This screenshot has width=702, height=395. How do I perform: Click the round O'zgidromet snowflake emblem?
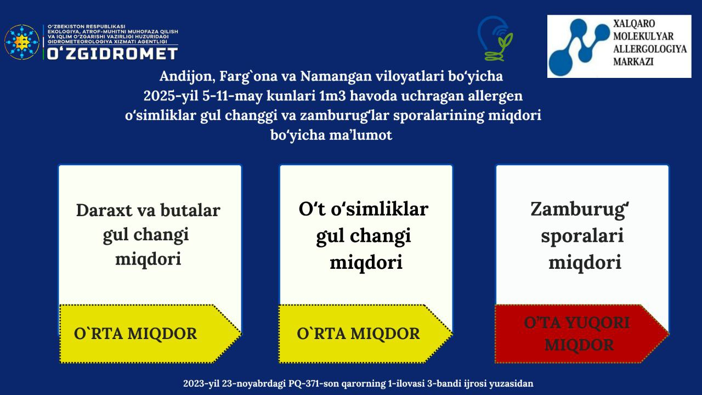pyautogui.click(x=22, y=42)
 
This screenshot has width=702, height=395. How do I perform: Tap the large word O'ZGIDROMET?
pyautogui.click(x=112, y=54)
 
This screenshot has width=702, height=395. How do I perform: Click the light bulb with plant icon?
pyautogui.click(x=495, y=38)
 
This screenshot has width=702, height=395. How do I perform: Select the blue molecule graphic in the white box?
pyautogui.click(x=580, y=47)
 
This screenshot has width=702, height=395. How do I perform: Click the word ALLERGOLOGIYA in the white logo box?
pyautogui.click(x=650, y=49)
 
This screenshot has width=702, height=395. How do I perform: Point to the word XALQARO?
pyautogui.click(x=634, y=24)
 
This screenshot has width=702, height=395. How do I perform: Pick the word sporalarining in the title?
pyautogui.click(x=439, y=116)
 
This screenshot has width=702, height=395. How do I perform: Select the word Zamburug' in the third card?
pyautogui.click(x=580, y=210)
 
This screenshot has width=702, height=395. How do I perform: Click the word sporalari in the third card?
pyautogui.click(x=582, y=236)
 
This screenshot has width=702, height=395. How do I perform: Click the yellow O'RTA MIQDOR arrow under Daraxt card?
pyautogui.click(x=150, y=334)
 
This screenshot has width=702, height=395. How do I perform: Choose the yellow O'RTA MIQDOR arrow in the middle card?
pyautogui.click(x=365, y=334)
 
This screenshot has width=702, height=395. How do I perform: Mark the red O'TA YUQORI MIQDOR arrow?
pyautogui.click(x=582, y=334)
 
